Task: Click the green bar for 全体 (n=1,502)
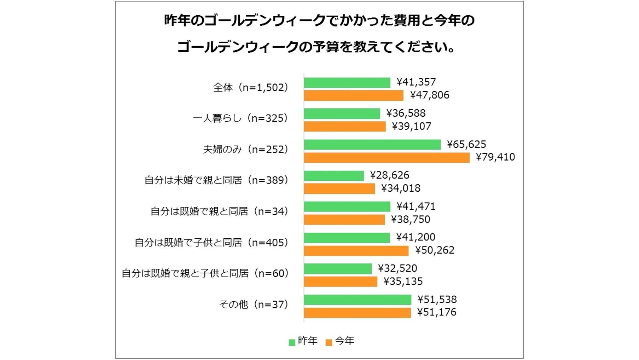(347, 82)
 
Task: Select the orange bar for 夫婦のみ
(387, 158)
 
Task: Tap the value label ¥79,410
(495, 157)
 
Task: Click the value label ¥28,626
(389, 175)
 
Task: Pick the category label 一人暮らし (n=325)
(240, 118)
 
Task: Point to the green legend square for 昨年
(292, 342)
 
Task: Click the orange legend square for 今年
(329, 342)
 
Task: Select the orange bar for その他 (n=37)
(357, 313)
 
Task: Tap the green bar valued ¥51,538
(358, 300)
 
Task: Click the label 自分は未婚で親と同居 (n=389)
(216, 180)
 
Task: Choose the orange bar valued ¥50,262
(356, 251)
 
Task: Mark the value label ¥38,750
(411, 219)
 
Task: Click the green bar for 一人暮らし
(342, 114)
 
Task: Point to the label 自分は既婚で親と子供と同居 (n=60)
(205, 273)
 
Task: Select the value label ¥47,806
(430, 95)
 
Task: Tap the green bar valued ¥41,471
(347, 207)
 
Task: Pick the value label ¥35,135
(403, 281)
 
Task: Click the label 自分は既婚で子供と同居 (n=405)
(211, 243)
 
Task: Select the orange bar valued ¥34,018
(339, 188)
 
